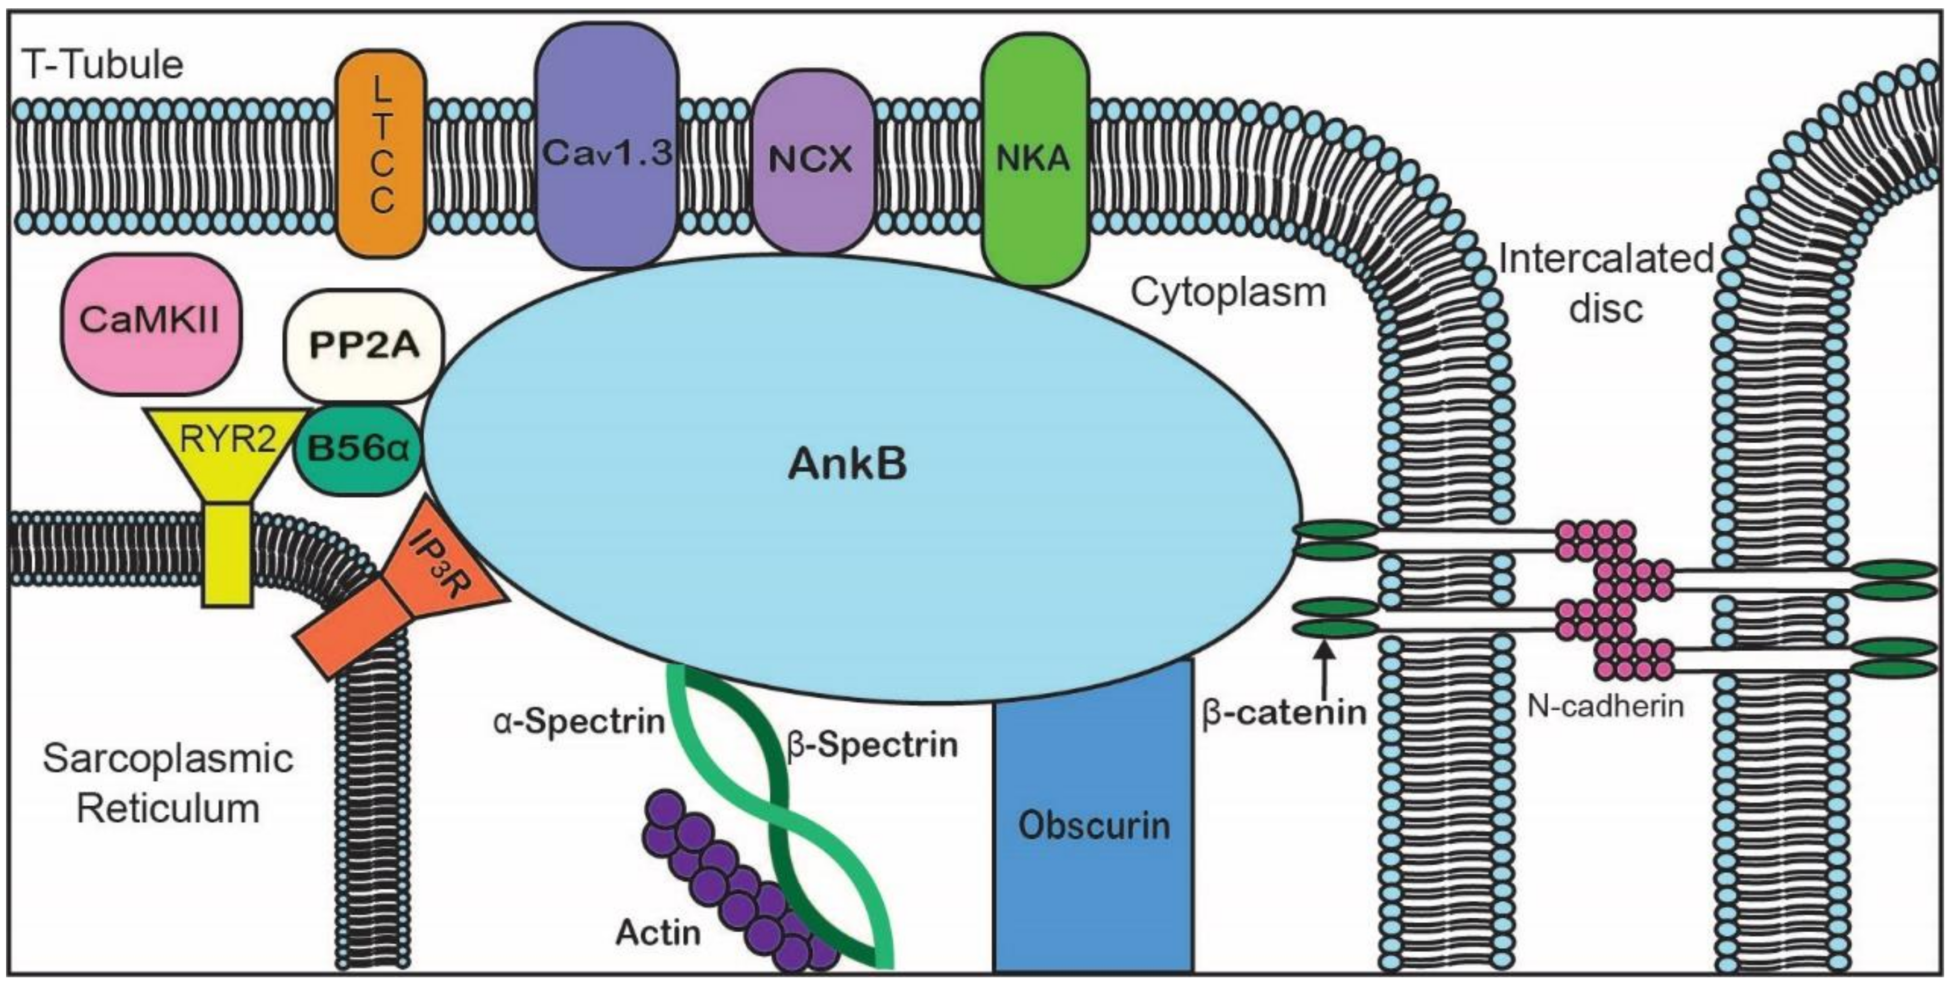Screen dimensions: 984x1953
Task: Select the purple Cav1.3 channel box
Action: click(x=606, y=144)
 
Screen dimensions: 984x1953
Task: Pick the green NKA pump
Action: click(x=1034, y=160)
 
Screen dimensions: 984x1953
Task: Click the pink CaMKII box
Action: click(x=150, y=323)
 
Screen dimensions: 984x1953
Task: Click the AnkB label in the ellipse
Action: click(x=847, y=464)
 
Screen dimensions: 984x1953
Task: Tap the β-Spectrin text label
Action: click(x=872, y=745)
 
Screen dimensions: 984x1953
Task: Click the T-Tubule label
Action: click(x=103, y=65)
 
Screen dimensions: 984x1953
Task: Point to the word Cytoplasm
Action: click(x=1228, y=292)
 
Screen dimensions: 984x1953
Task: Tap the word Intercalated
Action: click(x=1606, y=260)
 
